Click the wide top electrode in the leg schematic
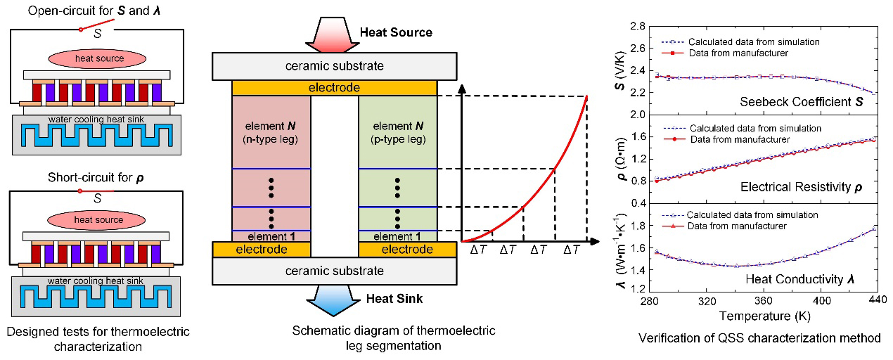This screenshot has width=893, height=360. [334, 88]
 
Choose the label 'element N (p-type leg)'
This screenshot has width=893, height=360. [397, 132]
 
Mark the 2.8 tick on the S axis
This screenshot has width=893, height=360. [637, 26]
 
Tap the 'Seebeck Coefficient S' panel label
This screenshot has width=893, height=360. [799, 103]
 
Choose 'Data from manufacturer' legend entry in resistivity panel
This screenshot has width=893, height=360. [735, 139]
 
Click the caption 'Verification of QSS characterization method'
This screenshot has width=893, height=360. [759, 338]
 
